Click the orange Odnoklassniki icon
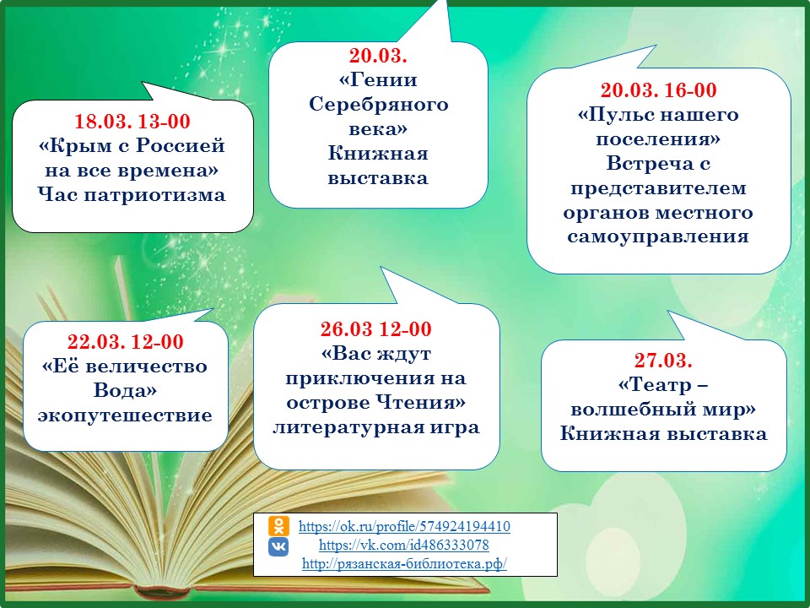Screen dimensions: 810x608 (278, 526)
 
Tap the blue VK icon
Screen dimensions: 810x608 (278, 546)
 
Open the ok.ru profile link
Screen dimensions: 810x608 (404, 526)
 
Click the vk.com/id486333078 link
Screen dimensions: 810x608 (404, 545)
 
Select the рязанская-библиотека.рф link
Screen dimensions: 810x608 (404, 563)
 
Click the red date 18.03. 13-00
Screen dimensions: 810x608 (132, 121)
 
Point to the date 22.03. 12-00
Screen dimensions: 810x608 (126, 342)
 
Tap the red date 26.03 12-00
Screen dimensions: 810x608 (376, 328)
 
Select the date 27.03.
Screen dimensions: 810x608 (663, 360)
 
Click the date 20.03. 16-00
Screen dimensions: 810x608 (659, 90)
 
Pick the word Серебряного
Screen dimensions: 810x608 (379, 105)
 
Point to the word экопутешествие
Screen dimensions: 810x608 (125, 415)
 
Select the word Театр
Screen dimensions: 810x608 (655, 385)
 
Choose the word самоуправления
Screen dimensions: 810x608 (658, 236)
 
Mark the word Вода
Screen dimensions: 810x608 (125, 390)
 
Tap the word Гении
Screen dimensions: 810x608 (378, 80)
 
